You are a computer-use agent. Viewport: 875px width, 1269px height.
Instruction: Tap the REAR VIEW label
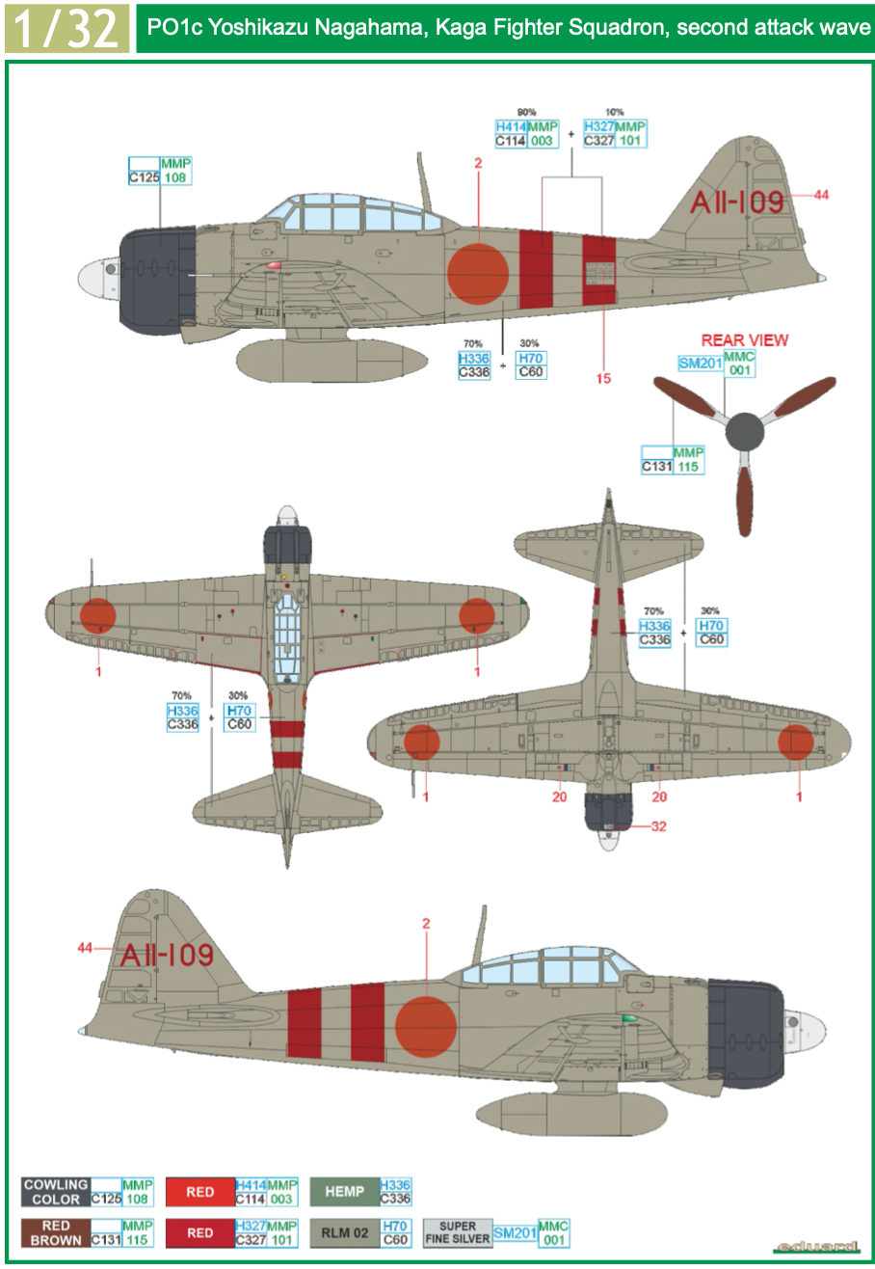click(x=744, y=340)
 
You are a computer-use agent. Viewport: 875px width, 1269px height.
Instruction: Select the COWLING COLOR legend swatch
click(x=56, y=1192)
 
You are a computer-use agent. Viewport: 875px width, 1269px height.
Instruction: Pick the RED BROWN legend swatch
click(x=56, y=1233)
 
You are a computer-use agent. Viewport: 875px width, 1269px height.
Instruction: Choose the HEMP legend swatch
click(x=344, y=1192)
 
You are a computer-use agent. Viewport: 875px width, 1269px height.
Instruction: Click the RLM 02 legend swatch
click(x=344, y=1233)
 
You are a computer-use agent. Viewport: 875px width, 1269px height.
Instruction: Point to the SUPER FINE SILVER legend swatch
click(x=458, y=1233)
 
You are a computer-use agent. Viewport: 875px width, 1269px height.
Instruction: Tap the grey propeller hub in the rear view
click(x=744, y=433)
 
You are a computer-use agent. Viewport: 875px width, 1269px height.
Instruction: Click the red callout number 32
click(x=658, y=826)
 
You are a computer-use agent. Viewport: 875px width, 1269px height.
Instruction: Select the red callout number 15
click(x=603, y=378)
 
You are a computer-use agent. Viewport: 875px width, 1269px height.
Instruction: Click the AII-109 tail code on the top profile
click(x=737, y=202)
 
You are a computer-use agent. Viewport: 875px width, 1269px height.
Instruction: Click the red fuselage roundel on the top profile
click(x=478, y=274)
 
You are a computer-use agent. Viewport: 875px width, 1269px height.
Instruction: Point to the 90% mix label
click(x=526, y=112)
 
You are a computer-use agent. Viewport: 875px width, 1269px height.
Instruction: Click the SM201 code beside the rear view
click(x=701, y=364)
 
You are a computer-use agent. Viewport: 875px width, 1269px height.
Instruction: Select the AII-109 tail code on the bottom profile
click(x=166, y=956)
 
